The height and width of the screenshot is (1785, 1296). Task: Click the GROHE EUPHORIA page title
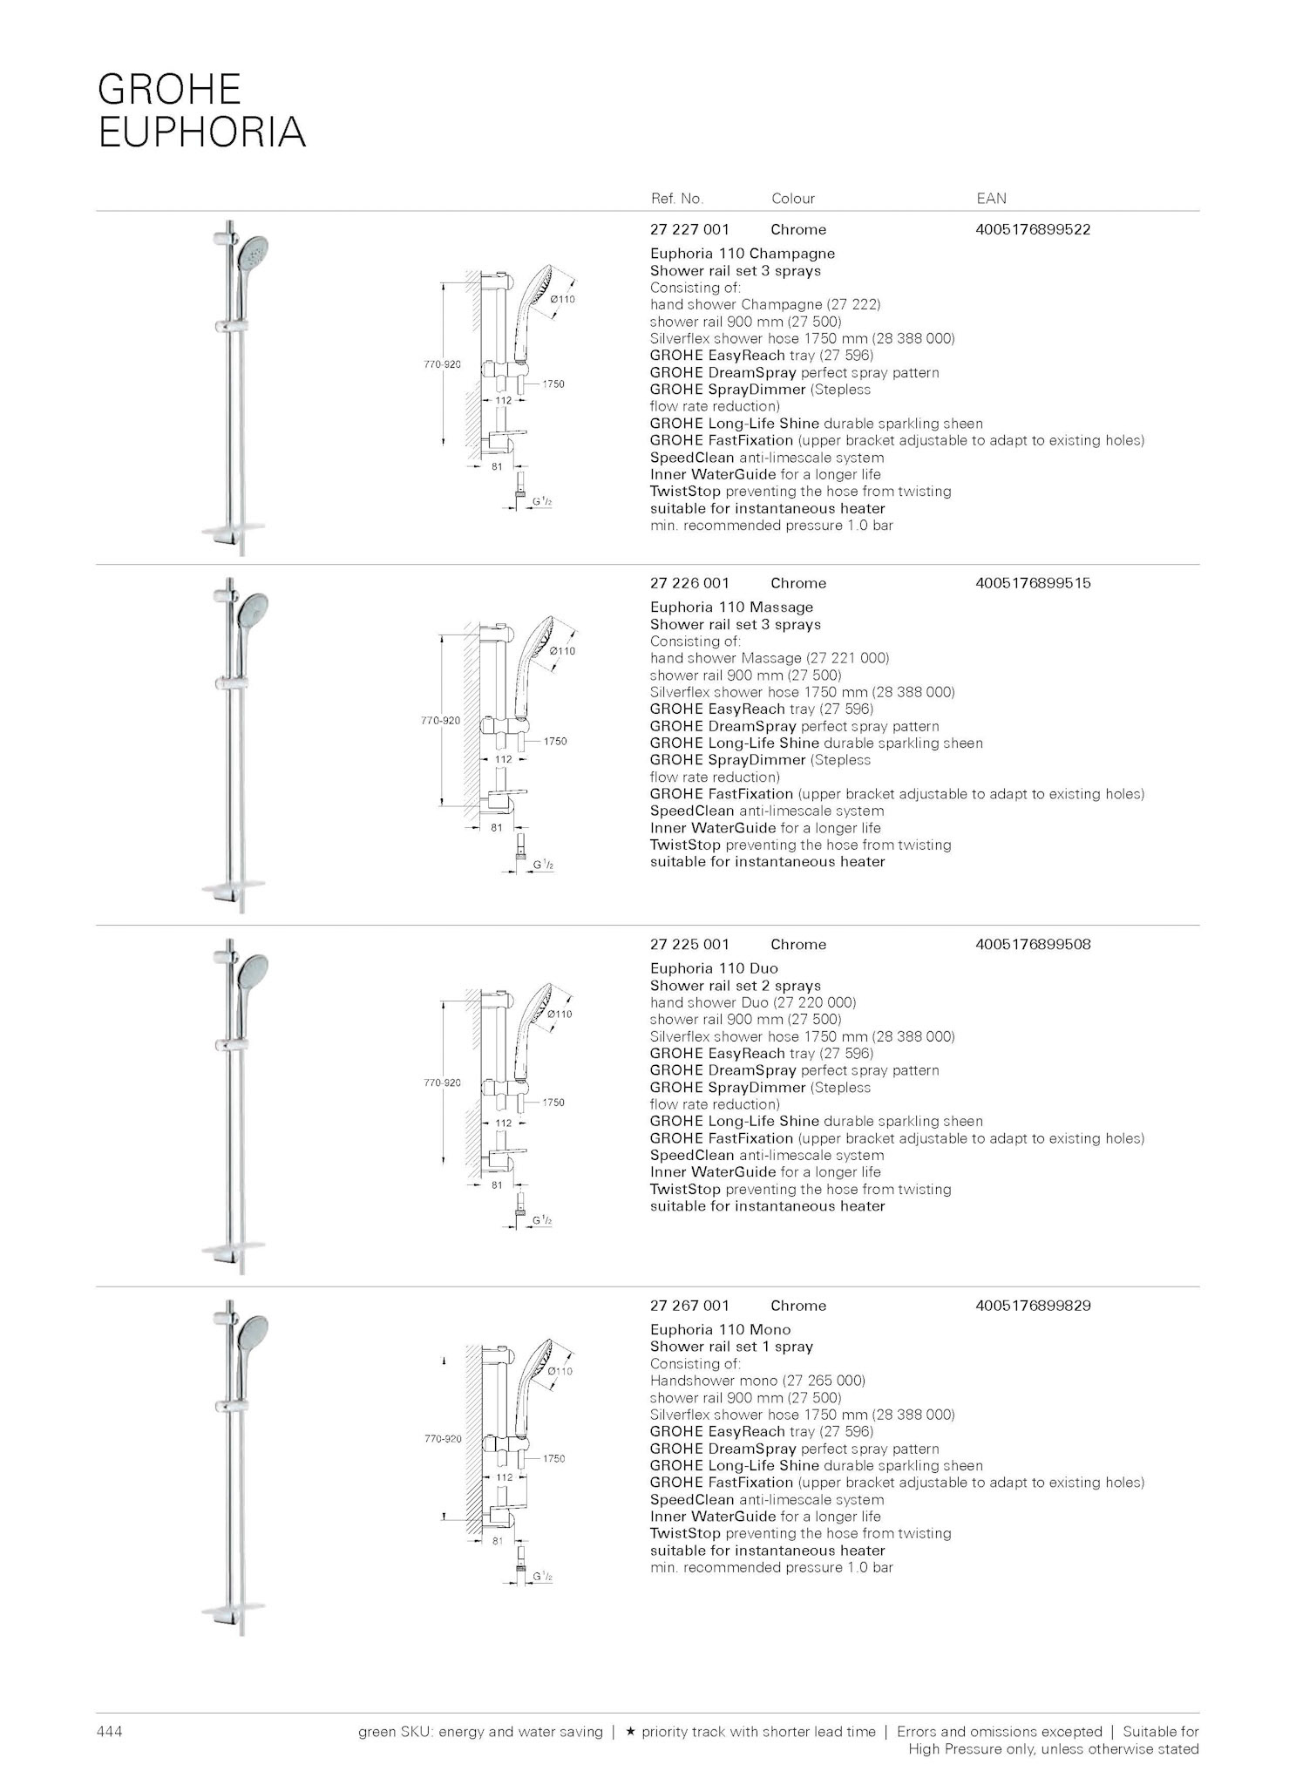pos(201,111)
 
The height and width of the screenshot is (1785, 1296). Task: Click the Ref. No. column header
pos(676,199)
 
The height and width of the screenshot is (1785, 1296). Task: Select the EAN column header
pos(991,199)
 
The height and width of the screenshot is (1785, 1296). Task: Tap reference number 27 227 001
pos(689,230)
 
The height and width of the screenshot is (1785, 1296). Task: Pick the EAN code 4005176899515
pos(1033,583)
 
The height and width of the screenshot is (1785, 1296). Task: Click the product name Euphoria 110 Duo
pos(714,968)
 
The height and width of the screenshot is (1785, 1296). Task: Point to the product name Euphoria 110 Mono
pos(720,1329)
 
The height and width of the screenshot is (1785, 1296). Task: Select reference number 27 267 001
pos(689,1306)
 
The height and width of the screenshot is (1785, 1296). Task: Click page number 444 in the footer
pos(109,1731)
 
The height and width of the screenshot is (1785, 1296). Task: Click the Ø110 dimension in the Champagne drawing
pos(563,299)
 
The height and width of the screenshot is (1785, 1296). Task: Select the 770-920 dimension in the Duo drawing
pos(442,1083)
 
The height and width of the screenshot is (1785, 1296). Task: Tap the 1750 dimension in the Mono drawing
pos(553,1458)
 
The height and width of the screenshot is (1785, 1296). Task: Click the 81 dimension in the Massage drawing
pos(496,828)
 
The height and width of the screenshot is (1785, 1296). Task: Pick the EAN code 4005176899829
pos(1033,1306)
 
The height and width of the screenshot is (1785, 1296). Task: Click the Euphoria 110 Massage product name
pos(731,607)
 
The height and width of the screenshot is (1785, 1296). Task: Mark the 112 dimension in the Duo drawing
pos(504,1123)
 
